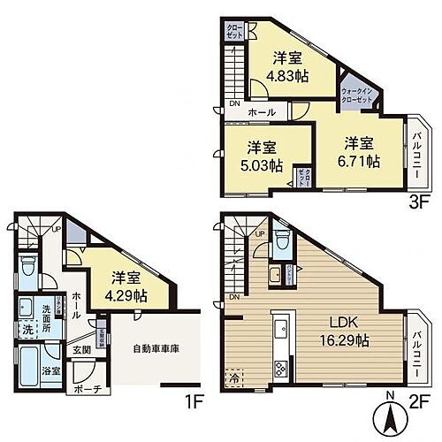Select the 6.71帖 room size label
point(361,163)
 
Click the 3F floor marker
point(415,199)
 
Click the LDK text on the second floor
point(344,322)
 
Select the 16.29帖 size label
point(344,340)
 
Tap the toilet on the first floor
point(27,264)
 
